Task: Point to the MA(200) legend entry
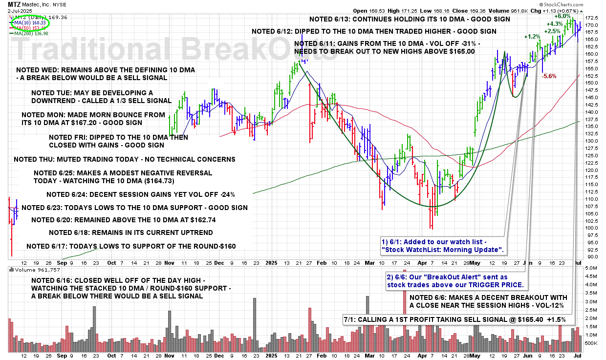coord(31,33)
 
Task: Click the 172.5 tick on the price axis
coord(592,18)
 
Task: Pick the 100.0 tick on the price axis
coord(592,228)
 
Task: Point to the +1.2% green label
coord(532,37)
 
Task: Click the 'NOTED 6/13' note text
coord(410,20)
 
